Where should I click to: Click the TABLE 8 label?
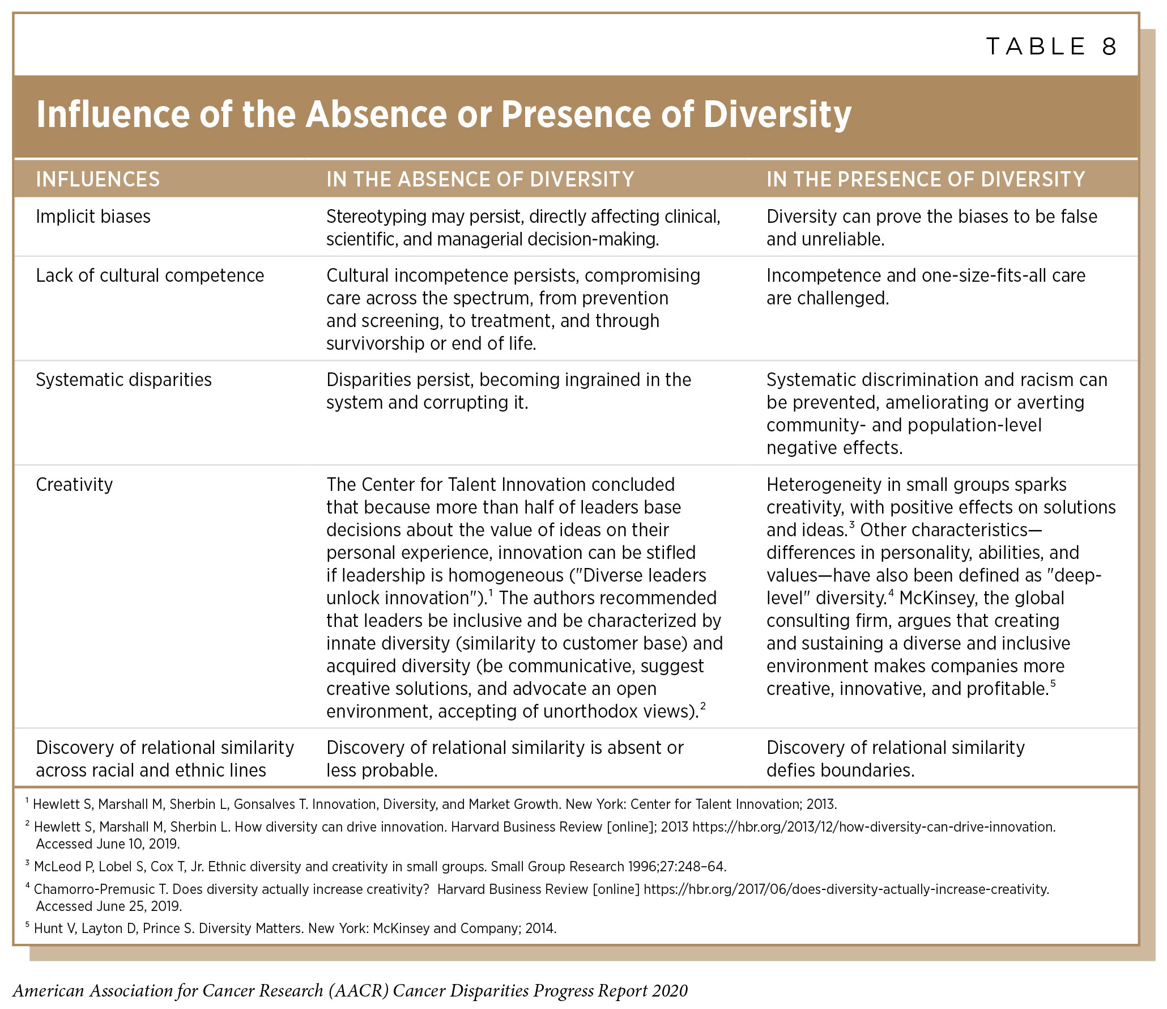(1051, 46)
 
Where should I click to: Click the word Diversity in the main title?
(777, 115)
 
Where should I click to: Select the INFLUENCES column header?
(97, 180)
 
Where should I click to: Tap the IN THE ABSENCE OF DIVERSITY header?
(480, 180)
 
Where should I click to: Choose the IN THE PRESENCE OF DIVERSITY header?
(925, 180)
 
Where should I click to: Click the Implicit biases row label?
(93, 217)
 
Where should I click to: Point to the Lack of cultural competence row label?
(150, 275)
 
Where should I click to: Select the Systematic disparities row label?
(123, 380)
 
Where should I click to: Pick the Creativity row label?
(74, 485)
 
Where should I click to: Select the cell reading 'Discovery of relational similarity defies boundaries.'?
(895, 759)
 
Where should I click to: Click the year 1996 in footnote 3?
(643, 867)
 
